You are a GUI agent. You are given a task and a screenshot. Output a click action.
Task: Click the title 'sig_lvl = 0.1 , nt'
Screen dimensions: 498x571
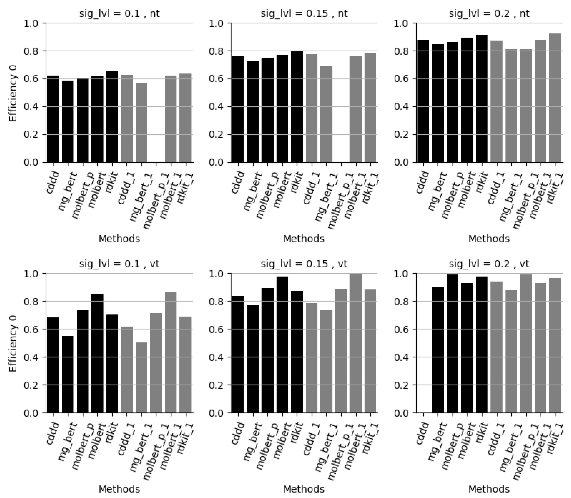(119, 13)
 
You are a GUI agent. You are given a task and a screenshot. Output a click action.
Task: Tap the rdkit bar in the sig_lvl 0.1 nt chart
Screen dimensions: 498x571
(112, 117)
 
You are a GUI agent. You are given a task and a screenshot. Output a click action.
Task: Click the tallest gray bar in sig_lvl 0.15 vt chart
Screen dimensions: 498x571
(356, 343)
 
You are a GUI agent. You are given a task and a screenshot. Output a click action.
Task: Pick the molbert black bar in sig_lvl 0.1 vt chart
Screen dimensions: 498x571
(97, 353)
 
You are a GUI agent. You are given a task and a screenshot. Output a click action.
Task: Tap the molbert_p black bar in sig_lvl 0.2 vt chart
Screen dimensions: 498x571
(453, 343)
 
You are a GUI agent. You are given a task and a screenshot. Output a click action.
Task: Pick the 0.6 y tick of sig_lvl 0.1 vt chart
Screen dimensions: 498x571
(31, 329)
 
